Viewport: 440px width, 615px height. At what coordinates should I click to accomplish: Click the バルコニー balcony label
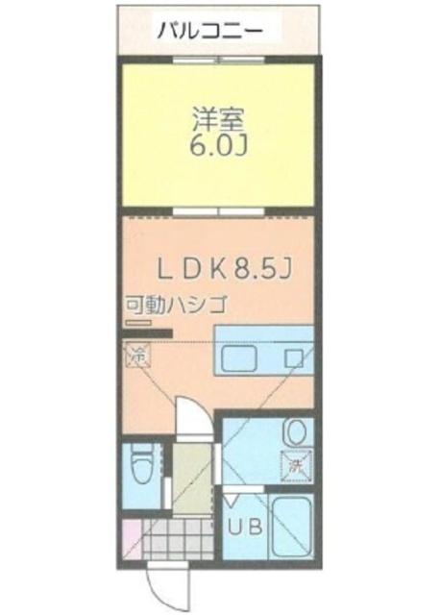tap(211, 29)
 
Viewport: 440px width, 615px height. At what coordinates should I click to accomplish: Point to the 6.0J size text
tap(220, 149)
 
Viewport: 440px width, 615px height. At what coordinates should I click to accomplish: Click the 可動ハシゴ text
tap(174, 307)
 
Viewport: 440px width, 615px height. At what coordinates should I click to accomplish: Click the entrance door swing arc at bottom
tap(157, 587)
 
